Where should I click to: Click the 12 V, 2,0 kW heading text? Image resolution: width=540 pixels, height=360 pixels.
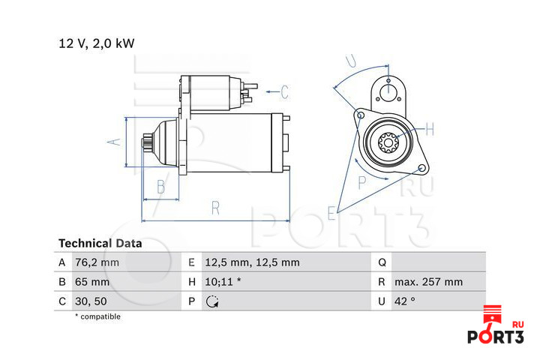[x=97, y=43]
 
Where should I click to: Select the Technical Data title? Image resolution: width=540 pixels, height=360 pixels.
[x=100, y=244]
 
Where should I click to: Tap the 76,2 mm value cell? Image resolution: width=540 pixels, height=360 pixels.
[x=97, y=262]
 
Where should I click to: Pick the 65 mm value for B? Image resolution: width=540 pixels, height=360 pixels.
[x=92, y=282]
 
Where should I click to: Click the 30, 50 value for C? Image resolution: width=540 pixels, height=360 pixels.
[x=91, y=301]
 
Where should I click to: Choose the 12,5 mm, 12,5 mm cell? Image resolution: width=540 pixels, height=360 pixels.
[x=253, y=262]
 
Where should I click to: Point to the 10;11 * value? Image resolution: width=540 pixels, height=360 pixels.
[x=223, y=282]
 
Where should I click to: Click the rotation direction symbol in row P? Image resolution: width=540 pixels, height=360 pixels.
[x=212, y=301]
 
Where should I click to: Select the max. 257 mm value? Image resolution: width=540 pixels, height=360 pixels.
[x=429, y=282]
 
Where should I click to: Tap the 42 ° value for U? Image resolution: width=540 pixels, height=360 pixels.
[x=405, y=301]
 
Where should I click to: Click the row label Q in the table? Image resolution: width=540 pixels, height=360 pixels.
[x=382, y=262]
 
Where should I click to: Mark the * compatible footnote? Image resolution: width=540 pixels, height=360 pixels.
[x=97, y=316]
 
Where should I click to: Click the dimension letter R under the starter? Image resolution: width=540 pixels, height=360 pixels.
[x=215, y=208]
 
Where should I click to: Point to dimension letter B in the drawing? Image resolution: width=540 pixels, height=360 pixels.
[x=160, y=187]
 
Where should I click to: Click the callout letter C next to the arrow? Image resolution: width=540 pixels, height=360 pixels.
[x=284, y=91]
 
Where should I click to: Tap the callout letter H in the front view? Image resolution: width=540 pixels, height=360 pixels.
[x=430, y=130]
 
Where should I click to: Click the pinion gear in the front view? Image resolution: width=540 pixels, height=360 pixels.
[x=388, y=142]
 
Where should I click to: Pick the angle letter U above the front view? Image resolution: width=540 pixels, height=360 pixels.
[x=351, y=61]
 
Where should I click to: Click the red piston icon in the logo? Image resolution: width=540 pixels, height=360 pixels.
[x=493, y=314]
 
